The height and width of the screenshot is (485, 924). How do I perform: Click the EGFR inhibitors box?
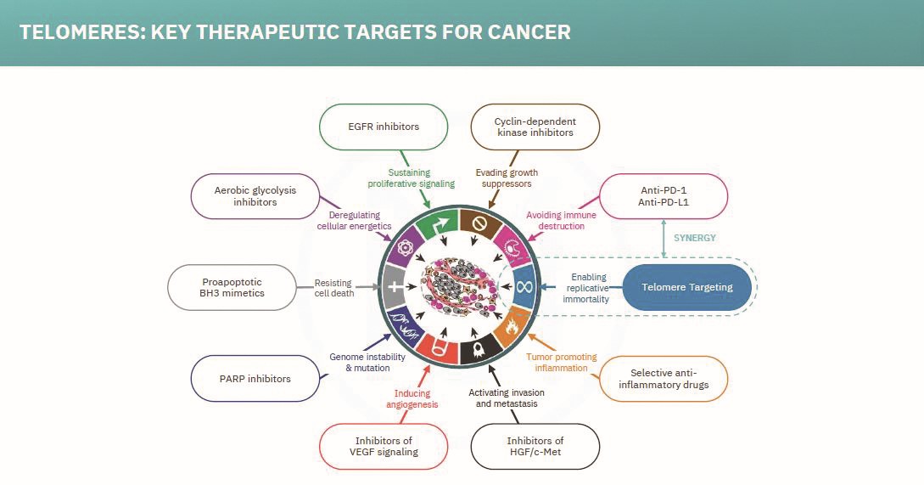(384, 127)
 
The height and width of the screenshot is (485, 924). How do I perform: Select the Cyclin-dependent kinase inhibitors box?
(535, 127)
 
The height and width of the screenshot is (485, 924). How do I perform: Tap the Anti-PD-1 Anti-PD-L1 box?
(664, 197)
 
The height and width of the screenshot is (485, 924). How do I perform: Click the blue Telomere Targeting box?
(687, 287)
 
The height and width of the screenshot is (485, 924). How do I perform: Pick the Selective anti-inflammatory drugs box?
(664, 379)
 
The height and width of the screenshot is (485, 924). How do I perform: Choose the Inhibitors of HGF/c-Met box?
(535, 446)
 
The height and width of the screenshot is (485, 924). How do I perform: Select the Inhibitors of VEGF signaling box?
(384, 446)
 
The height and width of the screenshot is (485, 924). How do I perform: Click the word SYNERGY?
(695, 237)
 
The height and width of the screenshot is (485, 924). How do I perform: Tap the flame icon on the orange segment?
(511, 325)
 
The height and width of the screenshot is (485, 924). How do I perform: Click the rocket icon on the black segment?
(479, 348)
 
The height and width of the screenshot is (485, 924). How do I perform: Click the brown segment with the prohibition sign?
(478, 223)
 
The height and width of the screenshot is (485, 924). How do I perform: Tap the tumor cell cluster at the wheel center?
(457, 286)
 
